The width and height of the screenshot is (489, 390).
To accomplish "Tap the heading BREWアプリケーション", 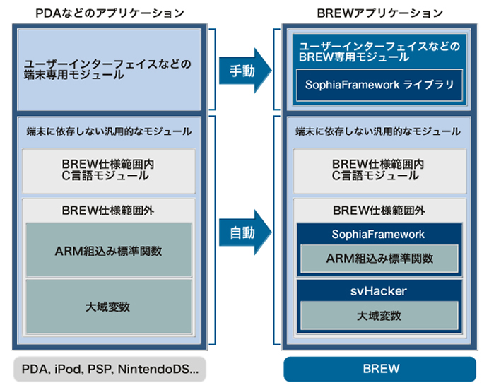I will click(x=379, y=12).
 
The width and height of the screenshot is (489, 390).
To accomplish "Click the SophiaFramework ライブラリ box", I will click(x=379, y=85).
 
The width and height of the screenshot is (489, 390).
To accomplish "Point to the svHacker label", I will click(x=379, y=290).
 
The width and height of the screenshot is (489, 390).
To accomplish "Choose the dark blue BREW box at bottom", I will click(x=379, y=368).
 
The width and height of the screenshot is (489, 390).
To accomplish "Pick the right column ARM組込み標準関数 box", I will click(x=379, y=258).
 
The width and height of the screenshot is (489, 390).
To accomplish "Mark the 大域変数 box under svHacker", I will click(x=379, y=314).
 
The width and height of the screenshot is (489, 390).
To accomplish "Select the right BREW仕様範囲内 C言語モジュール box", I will click(x=379, y=170).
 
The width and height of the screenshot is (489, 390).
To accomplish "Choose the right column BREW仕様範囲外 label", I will click(x=379, y=210).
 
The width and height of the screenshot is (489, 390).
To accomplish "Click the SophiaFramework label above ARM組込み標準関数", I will click(x=379, y=235).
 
